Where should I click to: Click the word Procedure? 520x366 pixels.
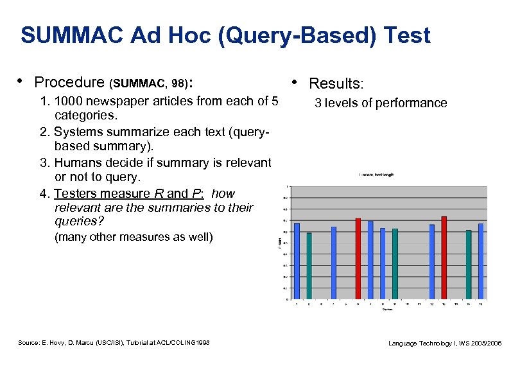(69, 82)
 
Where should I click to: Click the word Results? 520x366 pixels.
(336, 83)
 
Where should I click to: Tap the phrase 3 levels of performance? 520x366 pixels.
(381, 103)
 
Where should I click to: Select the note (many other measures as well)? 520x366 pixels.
(134, 237)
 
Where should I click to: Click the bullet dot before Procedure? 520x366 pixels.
(21, 81)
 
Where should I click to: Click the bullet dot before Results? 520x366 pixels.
(295, 82)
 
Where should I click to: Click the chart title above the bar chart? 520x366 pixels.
(377, 175)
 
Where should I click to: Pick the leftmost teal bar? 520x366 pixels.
(309, 265)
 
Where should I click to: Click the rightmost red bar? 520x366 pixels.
(444, 257)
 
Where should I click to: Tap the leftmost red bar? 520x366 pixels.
(358, 258)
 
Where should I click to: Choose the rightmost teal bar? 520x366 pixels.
(469, 264)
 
